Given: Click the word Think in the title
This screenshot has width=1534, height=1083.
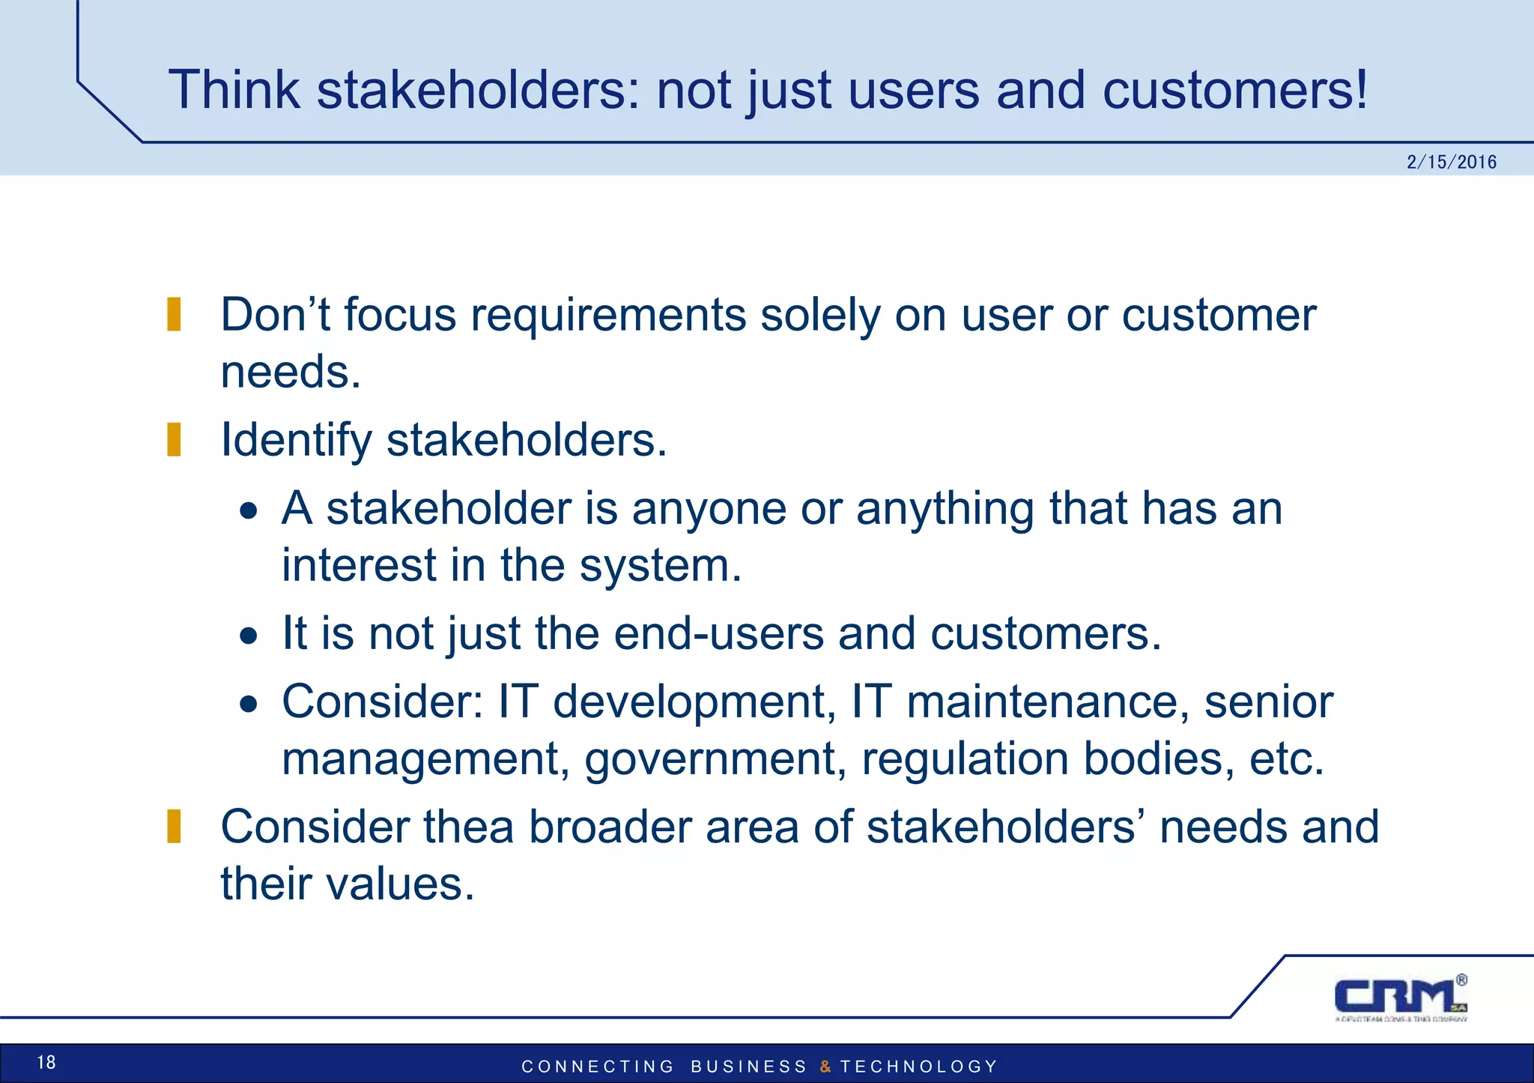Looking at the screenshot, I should (234, 90).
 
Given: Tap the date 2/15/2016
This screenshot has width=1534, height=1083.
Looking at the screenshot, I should (1451, 162).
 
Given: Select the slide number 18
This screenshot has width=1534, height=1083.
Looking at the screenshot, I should (46, 1062).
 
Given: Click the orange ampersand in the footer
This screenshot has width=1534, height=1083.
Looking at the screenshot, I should (825, 1067).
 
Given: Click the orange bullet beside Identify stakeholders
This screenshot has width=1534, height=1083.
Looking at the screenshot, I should (174, 439).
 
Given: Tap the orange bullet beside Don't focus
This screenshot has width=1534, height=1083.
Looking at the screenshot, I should (174, 314).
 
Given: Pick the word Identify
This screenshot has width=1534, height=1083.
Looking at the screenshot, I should (296, 441).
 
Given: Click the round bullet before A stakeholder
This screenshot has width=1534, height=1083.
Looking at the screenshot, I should (249, 512).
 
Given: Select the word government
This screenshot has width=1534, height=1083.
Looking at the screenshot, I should (715, 760).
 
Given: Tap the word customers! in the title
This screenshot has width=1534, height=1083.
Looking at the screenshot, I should (1234, 90).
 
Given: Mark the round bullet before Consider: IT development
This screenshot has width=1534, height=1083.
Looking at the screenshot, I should (249, 705).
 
